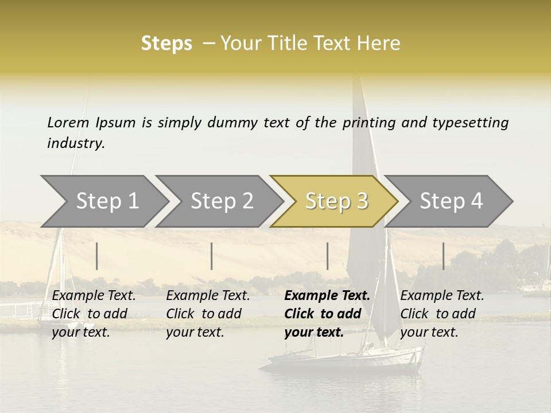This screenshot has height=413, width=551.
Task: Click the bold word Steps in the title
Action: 166,44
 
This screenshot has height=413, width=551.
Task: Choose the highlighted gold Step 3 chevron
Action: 336,201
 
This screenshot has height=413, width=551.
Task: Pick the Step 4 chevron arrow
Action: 451,201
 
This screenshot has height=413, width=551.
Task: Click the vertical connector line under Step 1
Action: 97,256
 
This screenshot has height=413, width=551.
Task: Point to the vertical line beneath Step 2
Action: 212,256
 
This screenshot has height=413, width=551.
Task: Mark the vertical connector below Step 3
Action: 328,256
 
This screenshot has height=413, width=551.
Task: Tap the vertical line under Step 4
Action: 443,256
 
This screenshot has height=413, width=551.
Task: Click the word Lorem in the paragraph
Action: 68,122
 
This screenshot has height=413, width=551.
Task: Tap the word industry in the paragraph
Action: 75,143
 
